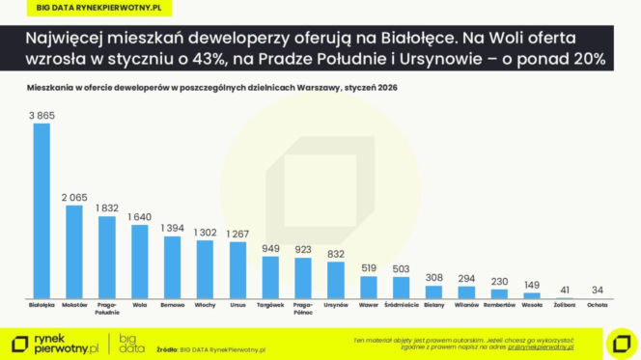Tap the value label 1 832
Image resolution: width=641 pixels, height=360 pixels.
click(106, 208)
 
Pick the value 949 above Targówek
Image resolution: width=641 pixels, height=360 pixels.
click(270, 248)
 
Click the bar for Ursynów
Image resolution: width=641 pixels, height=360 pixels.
click(336, 279)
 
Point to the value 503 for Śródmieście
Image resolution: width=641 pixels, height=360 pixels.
click(401, 269)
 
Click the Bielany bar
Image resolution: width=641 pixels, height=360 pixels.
click(433, 291)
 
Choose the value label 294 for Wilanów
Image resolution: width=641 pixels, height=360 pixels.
click(466, 278)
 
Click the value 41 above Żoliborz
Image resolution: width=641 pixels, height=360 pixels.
click(565, 289)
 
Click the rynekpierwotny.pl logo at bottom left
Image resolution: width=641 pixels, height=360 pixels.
click(57, 342)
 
